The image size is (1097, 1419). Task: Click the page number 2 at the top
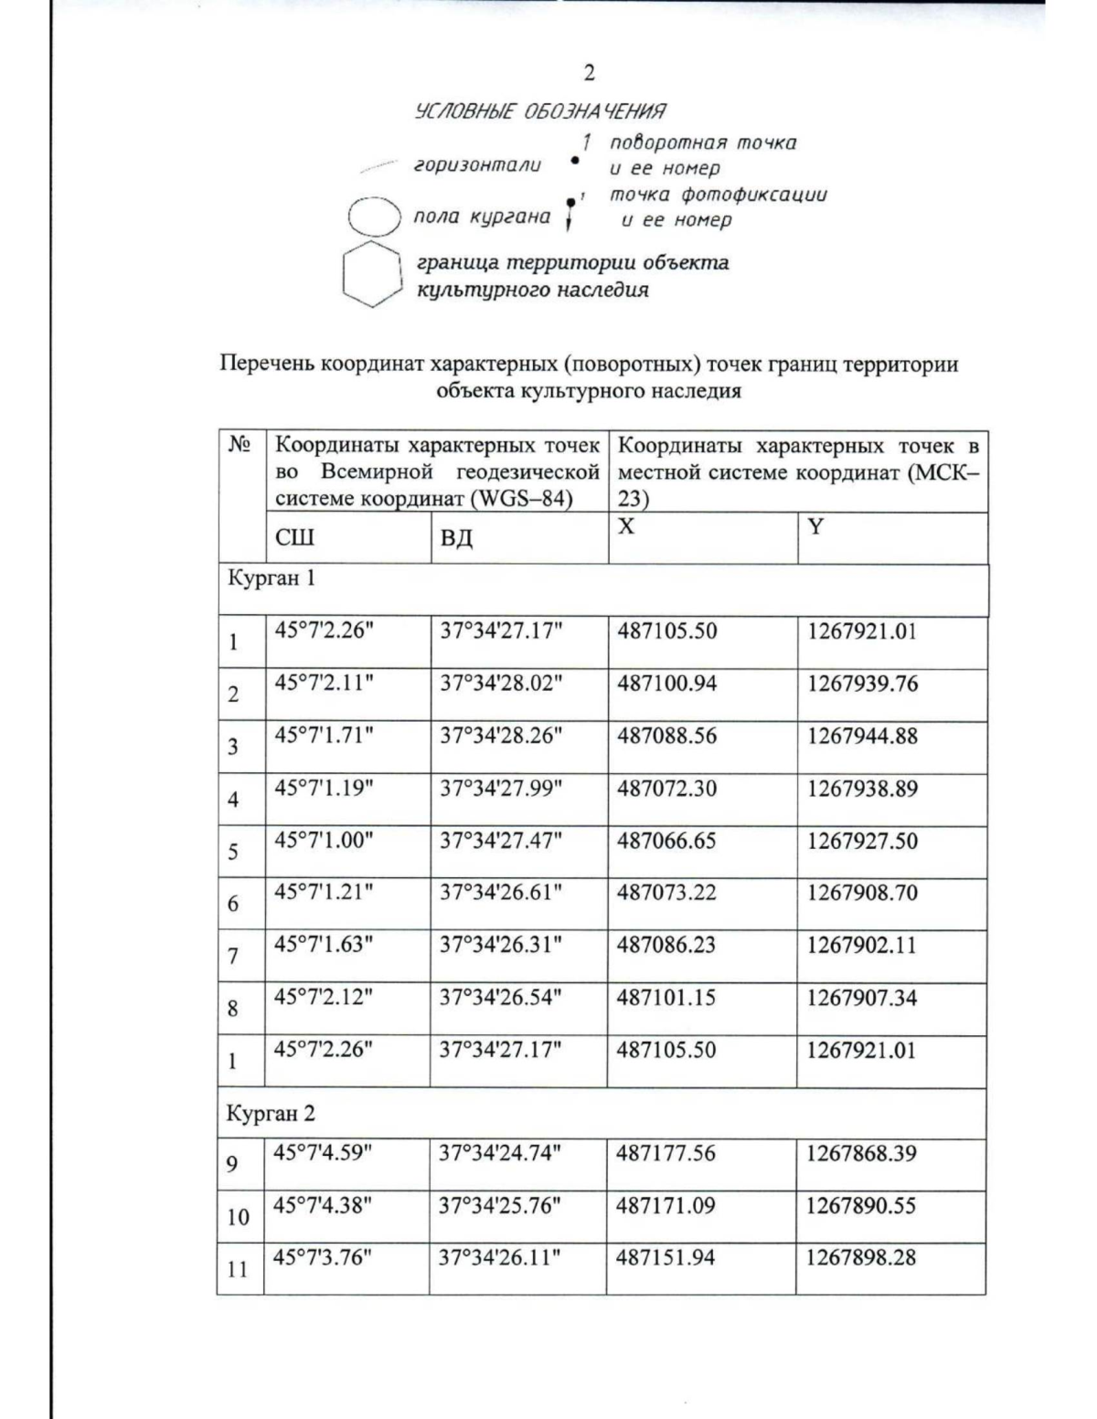(x=590, y=73)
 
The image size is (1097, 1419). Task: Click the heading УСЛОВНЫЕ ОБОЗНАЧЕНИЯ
(x=539, y=111)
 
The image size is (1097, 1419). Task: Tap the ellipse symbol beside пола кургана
(x=375, y=217)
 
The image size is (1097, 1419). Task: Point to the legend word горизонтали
(x=477, y=165)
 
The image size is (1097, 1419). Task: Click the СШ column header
(x=294, y=537)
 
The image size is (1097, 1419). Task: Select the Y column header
(x=815, y=527)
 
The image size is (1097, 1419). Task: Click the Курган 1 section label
(x=271, y=578)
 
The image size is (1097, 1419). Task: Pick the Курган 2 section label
(x=271, y=1113)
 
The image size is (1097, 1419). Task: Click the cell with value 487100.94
(x=666, y=683)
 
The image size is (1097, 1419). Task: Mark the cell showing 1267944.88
(x=861, y=736)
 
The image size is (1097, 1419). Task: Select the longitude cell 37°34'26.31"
(x=499, y=945)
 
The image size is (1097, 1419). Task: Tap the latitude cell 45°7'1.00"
(x=324, y=841)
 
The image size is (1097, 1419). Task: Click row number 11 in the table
(x=238, y=1268)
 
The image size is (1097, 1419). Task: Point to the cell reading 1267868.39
(x=860, y=1153)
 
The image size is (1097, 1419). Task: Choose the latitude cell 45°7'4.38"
(x=323, y=1205)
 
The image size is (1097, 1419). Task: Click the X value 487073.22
(x=666, y=893)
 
